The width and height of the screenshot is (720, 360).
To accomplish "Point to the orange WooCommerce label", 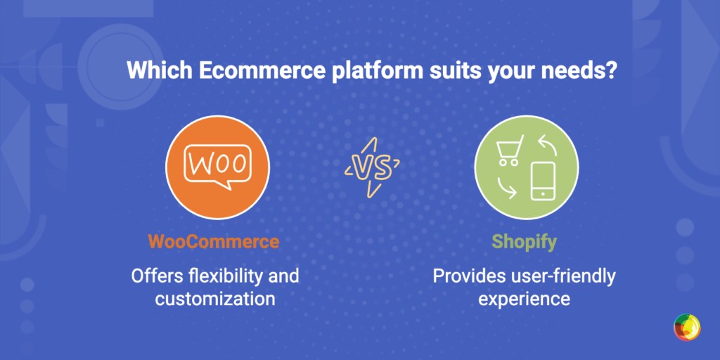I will click(x=213, y=243).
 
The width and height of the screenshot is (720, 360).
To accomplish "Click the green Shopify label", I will click(x=524, y=243).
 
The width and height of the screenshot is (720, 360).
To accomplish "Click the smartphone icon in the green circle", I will click(x=541, y=182).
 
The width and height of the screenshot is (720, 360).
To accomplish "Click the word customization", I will click(x=214, y=298).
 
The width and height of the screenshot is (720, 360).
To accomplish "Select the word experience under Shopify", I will click(x=524, y=298).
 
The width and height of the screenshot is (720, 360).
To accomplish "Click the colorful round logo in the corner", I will click(x=686, y=328).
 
